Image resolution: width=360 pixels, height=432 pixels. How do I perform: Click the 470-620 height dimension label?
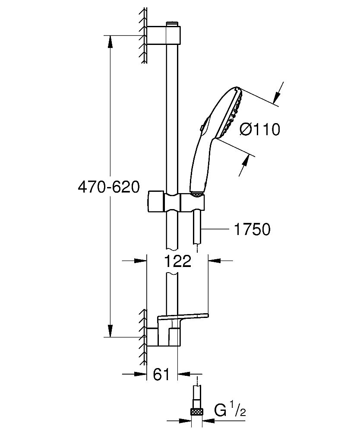109,187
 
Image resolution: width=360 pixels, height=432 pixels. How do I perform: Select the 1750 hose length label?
252,229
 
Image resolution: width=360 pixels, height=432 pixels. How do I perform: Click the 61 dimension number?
161,374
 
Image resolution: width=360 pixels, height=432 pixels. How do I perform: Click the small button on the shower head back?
202,127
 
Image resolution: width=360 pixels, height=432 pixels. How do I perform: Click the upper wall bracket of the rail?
164,35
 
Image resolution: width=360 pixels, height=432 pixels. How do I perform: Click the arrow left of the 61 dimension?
134,374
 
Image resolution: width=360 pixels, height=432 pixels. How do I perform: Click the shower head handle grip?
199,165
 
